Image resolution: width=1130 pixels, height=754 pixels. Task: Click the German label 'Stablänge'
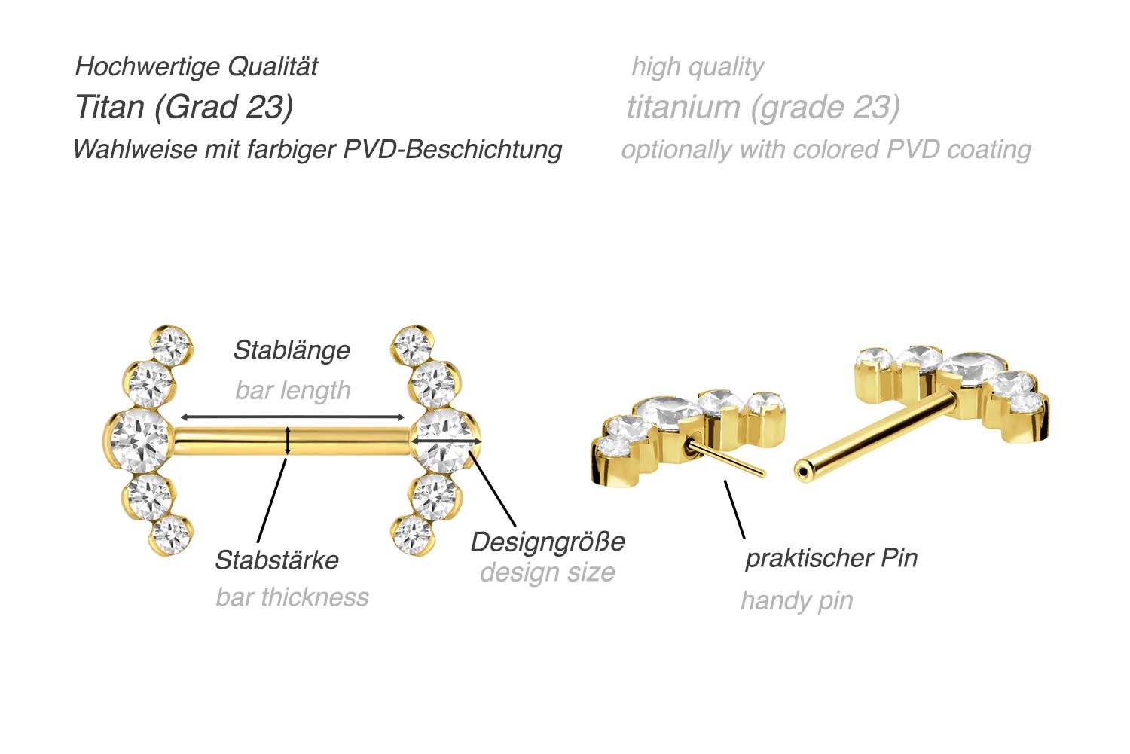(292, 350)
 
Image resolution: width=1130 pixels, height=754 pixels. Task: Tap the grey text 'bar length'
(293, 390)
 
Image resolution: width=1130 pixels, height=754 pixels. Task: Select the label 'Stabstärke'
(276, 560)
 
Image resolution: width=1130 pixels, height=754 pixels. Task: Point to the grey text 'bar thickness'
(292, 597)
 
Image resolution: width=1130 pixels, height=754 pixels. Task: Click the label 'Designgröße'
(548, 542)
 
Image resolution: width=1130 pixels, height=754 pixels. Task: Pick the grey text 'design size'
(548, 572)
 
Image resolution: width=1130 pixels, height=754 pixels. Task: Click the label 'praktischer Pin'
(831, 558)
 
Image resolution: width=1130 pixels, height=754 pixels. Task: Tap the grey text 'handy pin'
(797, 600)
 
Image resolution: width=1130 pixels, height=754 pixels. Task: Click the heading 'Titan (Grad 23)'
(184, 107)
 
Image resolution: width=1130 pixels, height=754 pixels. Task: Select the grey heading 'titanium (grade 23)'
(763, 107)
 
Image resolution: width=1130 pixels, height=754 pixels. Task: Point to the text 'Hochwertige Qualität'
(197, 66)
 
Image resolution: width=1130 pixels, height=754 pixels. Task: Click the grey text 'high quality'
(698, 66)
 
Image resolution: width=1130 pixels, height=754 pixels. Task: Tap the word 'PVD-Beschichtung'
(453, 149)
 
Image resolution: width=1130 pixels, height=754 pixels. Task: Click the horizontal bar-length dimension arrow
(293, 417)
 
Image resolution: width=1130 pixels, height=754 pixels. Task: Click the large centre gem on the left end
(141, 441)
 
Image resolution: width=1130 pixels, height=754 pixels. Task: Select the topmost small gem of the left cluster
(172, 346)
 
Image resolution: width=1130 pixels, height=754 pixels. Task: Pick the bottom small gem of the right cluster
(413, 534)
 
